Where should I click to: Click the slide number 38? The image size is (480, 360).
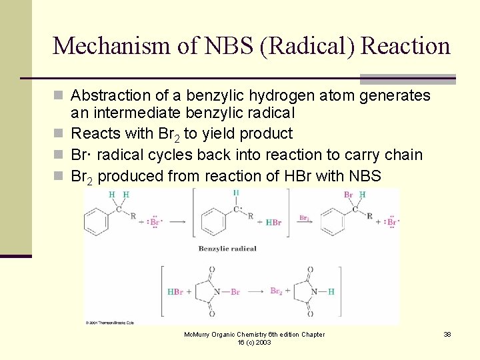(x=447, y=334)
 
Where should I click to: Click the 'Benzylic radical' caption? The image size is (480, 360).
(x=227, y=249)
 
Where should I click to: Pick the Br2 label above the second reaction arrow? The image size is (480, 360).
(x=304, y=217)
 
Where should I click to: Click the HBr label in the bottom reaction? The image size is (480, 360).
(x=175, y=291)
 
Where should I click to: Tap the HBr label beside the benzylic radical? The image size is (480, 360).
(x=273, y=223)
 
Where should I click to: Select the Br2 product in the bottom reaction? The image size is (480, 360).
(x=276, y=291)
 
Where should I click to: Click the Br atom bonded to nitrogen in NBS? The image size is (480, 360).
(x=235, y=291)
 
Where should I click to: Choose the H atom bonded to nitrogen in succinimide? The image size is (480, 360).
(x=331, y=291)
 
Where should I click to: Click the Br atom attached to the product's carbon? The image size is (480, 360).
(x=348, y=195)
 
